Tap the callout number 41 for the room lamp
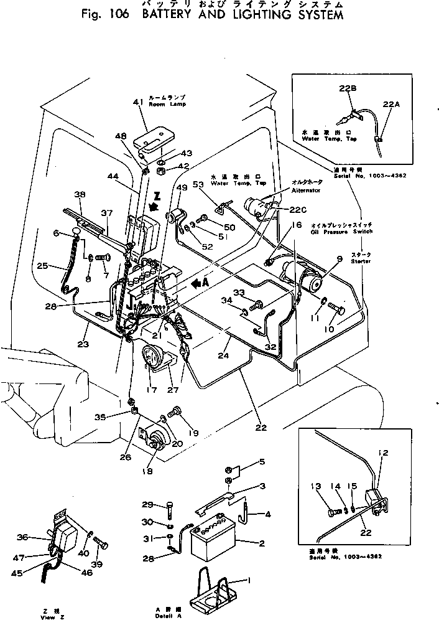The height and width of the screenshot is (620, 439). coord(137,102)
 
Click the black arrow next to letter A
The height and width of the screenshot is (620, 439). coord(197,283)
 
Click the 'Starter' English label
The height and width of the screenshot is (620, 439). coord(361,261)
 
